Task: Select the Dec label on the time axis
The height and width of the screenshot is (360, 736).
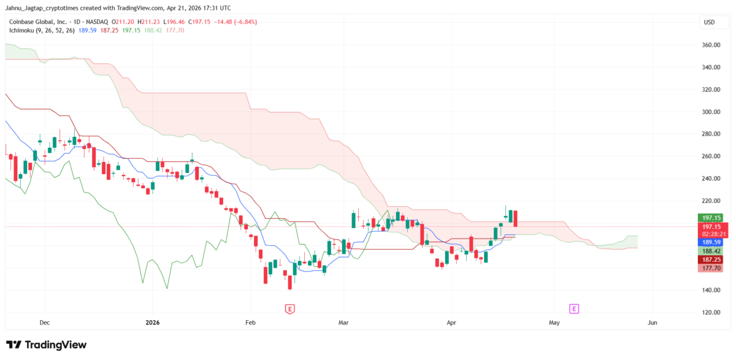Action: tap(44, 322)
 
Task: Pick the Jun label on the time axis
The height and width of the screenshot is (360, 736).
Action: tap(652, 322)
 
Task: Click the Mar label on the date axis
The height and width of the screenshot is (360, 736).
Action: tap(344, 322)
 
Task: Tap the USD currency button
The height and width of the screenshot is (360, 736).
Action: tap(709, 23)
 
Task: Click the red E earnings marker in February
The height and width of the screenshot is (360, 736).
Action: tap(289, 308)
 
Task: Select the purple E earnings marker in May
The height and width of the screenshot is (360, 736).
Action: tap(574, 308)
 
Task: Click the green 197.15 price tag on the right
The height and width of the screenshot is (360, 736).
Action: tap(710, 218)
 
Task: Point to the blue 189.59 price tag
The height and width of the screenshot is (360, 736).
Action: tap(710, 242)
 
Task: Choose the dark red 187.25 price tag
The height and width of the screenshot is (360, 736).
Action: tap(710, 260)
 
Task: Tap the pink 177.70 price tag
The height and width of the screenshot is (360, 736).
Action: tap(710, 269)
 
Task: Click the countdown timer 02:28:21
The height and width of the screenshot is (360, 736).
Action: tap(711, 234)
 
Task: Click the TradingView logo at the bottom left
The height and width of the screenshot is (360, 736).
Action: tap(47, 345)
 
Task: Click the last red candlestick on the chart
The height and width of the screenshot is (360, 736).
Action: tap(516, 218)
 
